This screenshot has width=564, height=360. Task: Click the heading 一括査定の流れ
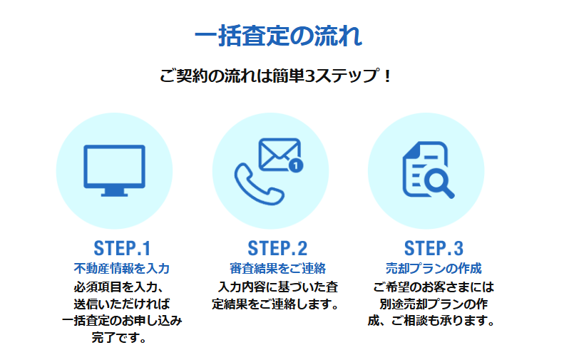pos(278,36)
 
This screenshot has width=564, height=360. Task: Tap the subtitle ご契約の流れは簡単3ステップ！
pos(275,76)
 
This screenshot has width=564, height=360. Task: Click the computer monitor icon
pos(114,170)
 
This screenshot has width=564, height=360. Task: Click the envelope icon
pos(279,154)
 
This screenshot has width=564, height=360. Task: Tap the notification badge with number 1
pos(296,165)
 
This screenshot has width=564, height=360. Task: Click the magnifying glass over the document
pos(439,182)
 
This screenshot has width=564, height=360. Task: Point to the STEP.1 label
pos(122,248)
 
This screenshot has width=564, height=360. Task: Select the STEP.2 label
pos(277,248)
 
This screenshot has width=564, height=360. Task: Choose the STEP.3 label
pos(434,248)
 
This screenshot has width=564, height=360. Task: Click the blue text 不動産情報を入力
pos(122,269)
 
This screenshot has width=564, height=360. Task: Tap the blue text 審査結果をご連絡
pos(277,269)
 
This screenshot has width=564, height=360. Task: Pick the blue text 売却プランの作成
pos(434,269)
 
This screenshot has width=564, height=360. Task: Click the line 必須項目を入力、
pos(119,287)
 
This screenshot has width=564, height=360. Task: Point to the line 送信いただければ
pos(122,304)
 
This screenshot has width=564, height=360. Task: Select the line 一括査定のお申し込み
pos(122,321)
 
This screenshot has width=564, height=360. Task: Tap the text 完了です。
pos(119,337)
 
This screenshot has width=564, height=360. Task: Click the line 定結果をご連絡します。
pos(275,304)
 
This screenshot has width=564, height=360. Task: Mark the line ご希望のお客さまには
pos(434,287)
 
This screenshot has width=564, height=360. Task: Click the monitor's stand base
pos(114,195)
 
